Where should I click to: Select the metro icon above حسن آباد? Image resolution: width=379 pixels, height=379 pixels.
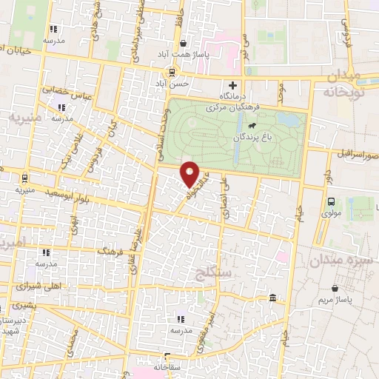pos(172,73)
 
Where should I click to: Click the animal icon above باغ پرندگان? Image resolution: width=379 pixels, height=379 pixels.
pos(252,126)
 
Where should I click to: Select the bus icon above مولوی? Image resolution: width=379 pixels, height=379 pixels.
pos(331,201)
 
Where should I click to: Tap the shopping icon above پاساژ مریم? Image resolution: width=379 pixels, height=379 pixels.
pos(336,287)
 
